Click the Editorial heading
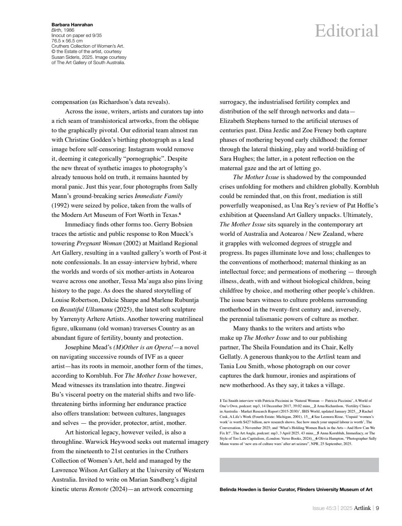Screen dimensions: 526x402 [346, 31]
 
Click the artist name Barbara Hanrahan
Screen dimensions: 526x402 [72, 25]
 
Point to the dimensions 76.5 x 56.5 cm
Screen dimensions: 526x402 [67, 41]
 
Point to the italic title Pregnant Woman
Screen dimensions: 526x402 [99, 243]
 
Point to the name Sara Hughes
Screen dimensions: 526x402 [236, 159]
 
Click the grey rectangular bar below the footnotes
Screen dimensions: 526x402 [299, 465]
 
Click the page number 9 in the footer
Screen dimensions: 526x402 [377, 508]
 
